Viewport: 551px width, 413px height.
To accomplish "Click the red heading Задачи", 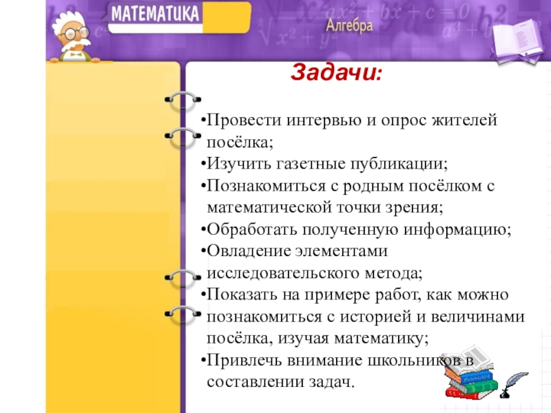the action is pyautogui.click(x=335, y=73).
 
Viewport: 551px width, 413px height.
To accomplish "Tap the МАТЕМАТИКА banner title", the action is pyautogui.click(x=155, y=14).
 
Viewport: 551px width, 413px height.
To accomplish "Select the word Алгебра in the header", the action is pyautogui.click(x=349, y=25).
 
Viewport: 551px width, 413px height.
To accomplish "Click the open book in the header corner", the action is pyautogui.click(x=517, y=41).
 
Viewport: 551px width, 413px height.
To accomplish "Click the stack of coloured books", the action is pyautogui.click(x=470, y=372).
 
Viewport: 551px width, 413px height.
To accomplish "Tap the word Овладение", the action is pyautogui.click(x=249, y=251).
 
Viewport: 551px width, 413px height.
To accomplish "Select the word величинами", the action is pyautogui.click(x=477, y=317).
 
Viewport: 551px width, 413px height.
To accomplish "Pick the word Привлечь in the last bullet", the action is pyautogui.click(x=245, y=361).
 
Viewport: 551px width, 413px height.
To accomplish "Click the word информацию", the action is pyautogui.click(x=457, y=231).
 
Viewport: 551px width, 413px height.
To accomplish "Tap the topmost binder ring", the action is pyautogui.click(x=183, y=101).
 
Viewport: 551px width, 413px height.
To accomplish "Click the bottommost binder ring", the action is pyautogui.click(x=183, y=315).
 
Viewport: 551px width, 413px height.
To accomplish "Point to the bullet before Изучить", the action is pyautogui.click(x=203, y=164).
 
